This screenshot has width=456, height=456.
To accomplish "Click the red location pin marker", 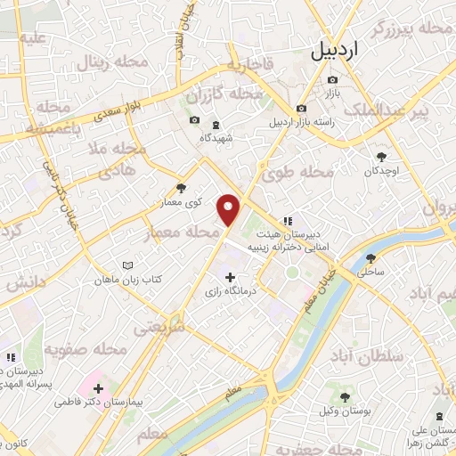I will pos(231,209).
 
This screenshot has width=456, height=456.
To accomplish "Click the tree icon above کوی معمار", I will pos(182,188).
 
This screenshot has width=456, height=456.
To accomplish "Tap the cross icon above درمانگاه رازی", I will pos(231,278).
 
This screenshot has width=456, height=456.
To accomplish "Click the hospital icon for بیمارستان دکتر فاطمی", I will pos(98,388).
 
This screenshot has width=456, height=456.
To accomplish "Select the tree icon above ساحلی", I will pos(370,258).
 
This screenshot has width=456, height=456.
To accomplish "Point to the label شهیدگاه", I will pos(216,138).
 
